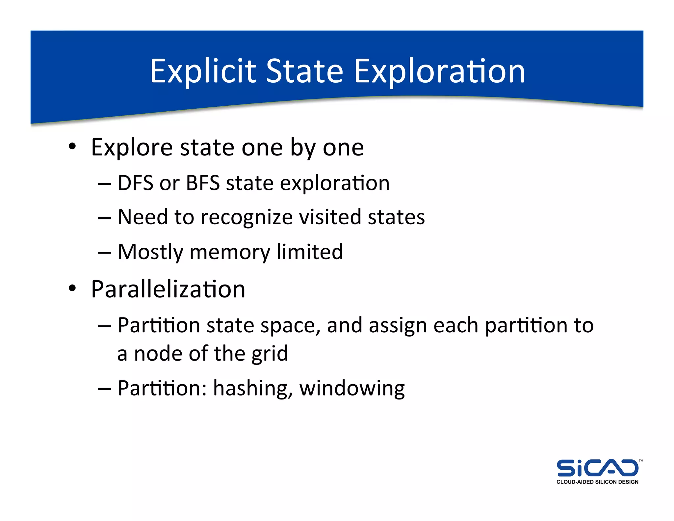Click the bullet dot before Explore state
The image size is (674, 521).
click(x=72, y=146)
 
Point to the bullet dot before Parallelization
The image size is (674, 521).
click(x=72, y=288)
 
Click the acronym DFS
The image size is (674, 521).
click(x=135, y=183)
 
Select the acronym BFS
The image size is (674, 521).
click(x=203, y=183)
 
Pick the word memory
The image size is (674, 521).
click(x=230, y=252)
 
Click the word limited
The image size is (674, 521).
click(x=310, y=252)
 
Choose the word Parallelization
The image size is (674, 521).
click(x=168, y=289)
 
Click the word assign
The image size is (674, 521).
click(x=398, y=325)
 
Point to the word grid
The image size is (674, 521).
click(x=270, y=354)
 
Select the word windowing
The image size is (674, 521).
click(x=352, y=389)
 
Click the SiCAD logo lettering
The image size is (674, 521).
click(x=597, y=468)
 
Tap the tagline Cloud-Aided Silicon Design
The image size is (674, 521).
click(x=597, y=482)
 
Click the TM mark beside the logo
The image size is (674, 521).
click(x=640, y=461)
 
